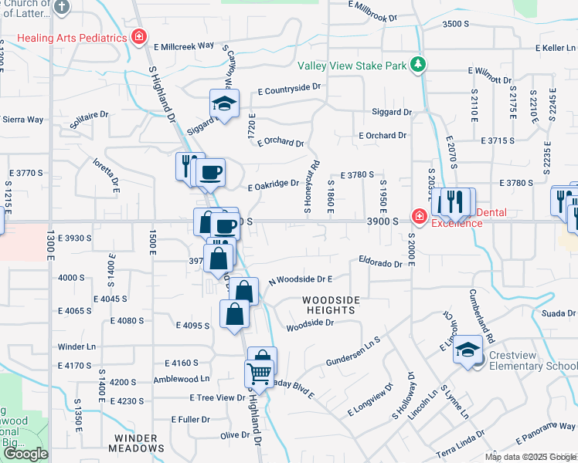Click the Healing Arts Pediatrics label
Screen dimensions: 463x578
click(71, 37)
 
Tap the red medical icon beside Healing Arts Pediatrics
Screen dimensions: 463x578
click(139, 36)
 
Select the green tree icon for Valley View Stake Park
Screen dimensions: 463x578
click(418, 64)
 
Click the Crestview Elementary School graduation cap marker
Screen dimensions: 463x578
click(467, 350)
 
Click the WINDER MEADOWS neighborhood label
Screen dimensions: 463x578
click(137, 442)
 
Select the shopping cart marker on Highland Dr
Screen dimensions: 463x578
click(259, 375)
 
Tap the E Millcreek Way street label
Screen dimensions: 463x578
click(183, 46)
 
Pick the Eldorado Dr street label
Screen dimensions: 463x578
click(380, 263)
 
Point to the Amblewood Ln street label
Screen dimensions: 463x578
click(182, 379)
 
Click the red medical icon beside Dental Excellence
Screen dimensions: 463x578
click(419, 217)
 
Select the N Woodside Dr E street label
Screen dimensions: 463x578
click(300, 279)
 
